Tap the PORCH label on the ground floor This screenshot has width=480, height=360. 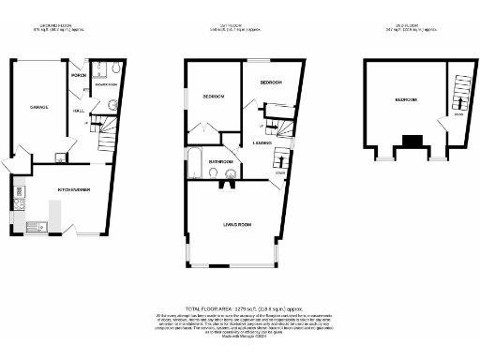pyautogui.click(x=79, y=75)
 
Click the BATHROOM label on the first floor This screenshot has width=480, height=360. pyautogui.click(x=220, y=161)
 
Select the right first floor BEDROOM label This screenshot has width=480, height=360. pyautogui.click(x=271, y=82)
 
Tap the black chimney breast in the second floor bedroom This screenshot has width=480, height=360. pyautogui.click(x=412, y=143)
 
